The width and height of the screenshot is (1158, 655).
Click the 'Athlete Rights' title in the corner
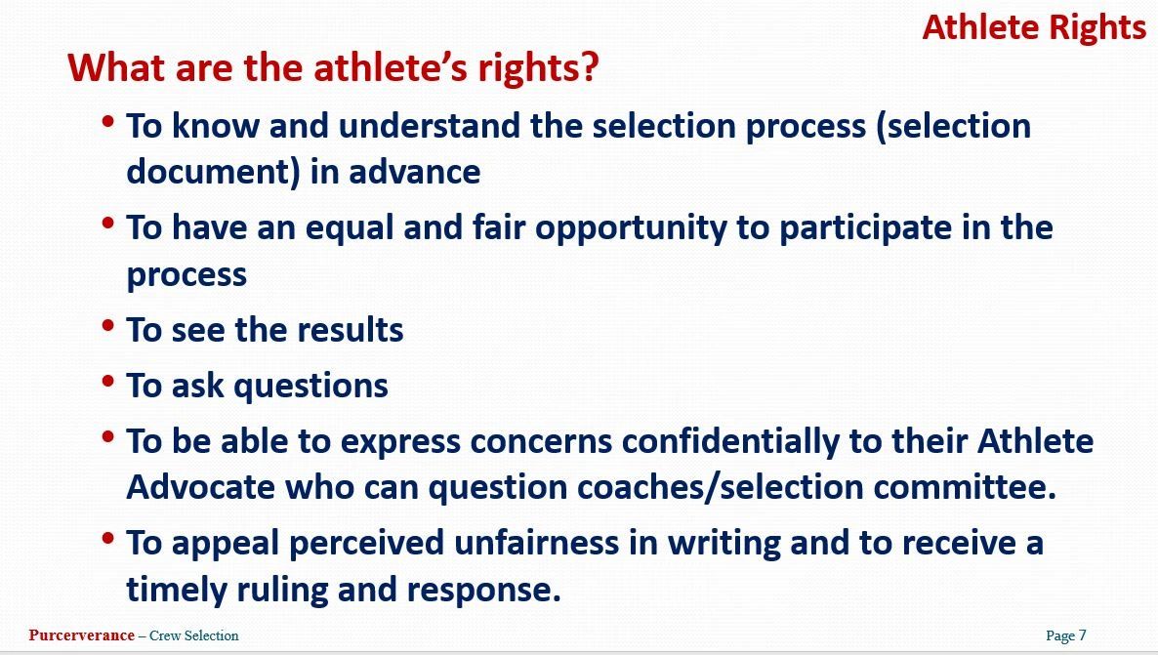coord(1034,29)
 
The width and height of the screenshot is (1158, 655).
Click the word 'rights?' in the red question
coord(538,68)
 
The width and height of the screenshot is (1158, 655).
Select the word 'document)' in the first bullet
coord(213,172)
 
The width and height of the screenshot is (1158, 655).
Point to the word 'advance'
coord(414,172)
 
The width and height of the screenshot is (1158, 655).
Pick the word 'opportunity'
coord(631,228)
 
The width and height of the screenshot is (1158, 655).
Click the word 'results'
coord(351,329)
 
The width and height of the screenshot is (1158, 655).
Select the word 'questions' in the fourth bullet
coord(310,387)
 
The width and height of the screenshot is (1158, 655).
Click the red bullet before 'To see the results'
coord(108,325)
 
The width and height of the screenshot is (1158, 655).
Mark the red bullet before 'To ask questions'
coord(108,381)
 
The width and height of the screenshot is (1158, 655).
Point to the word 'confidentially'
coord(729,441)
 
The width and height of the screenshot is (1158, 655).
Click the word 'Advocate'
coord(201,487)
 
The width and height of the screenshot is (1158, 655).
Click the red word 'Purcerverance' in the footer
coord(81,635)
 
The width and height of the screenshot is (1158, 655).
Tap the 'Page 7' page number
coord(1065,635)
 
